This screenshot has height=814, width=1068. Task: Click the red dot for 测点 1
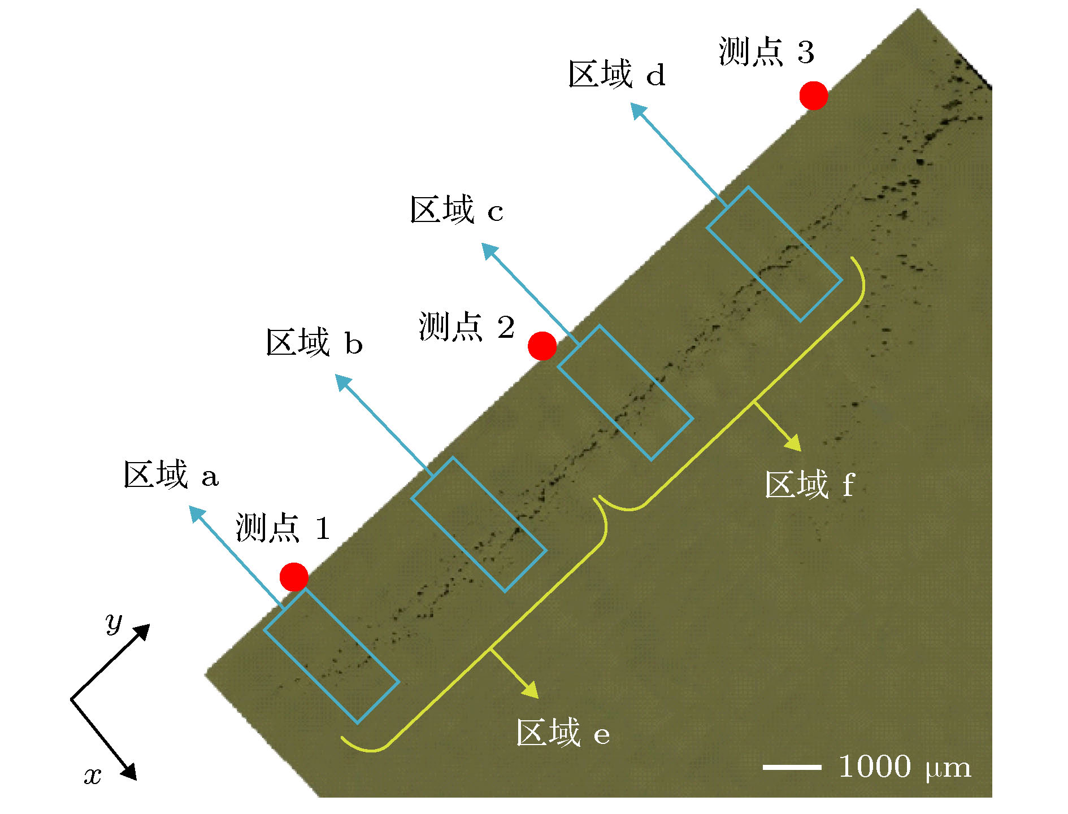[x=294, y=577]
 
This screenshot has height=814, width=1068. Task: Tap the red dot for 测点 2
[x=542, y=346]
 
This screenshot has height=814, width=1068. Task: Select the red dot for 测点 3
[x=814, y=95]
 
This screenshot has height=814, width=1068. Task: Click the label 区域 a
[x=171, y=475]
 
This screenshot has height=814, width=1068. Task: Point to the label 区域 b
[x=314, y=342]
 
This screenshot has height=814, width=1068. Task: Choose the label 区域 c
[x=457, y=210]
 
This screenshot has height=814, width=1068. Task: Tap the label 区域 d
[x=617, y=74]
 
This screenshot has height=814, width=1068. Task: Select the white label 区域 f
[x=810, y=484]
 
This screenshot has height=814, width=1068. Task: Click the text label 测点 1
[x=283, y=528]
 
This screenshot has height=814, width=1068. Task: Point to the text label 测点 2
[x=467, y=327]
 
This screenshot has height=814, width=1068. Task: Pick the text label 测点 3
[x=766, y=51]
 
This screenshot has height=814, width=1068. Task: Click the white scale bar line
[x=792, y=767]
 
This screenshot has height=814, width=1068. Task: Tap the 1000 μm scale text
[x=905, y=767]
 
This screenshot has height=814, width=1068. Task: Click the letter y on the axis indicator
[x=114, y=623]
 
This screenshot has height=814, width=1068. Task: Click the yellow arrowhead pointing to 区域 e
[x=531, y=689]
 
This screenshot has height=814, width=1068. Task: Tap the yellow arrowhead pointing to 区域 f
[x=793, y=442]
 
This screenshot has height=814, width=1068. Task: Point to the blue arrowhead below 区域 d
[x=639, y=111]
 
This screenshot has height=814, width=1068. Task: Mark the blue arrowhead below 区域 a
[x=197, y=515]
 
